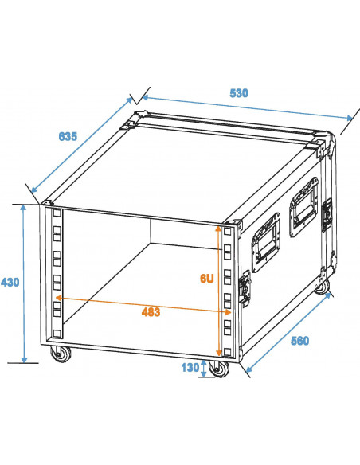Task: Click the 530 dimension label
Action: coord(239,93)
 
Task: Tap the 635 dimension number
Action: coord(68,136)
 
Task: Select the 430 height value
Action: coord(10,283)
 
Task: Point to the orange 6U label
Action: coord(205,279)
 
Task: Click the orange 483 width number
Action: coord(149,312)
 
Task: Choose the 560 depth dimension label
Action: coord(299,340)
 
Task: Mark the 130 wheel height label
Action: coord(189,368)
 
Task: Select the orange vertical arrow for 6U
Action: coord(217,287)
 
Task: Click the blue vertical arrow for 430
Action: coord(25,283)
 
